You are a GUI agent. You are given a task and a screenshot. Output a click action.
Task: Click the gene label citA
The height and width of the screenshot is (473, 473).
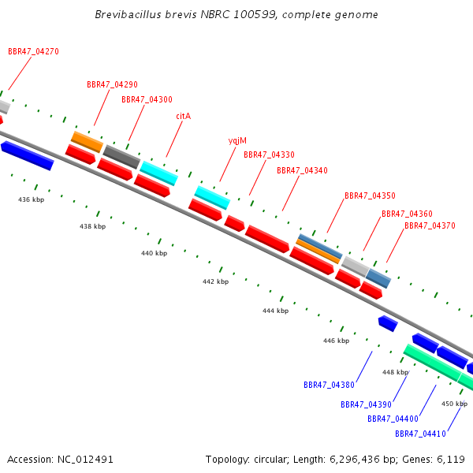coord(184,116)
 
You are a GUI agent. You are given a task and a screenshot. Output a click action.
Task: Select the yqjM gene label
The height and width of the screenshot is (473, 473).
coord(237,141)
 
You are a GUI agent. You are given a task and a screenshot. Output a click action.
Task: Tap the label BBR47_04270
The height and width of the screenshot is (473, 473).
coord(33,51)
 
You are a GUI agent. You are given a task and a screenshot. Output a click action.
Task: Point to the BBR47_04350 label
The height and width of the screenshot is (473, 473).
coord(370,196)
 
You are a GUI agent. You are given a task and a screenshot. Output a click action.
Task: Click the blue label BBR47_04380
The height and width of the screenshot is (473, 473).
coord(329,385)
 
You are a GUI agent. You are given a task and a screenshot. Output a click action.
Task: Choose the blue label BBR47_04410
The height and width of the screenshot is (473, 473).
coord(420,434)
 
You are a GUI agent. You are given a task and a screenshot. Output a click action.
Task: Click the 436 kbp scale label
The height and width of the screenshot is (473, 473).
coord(31,199)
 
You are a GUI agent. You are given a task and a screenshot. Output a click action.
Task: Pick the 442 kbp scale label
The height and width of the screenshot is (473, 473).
coord(216,281)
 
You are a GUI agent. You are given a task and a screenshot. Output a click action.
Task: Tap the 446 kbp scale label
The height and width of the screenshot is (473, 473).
coord(336,341)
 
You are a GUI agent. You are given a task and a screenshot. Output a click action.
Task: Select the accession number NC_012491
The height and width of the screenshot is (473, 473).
coord(85,460)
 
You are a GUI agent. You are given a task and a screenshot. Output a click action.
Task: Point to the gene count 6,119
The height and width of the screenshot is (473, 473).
coord(451,460)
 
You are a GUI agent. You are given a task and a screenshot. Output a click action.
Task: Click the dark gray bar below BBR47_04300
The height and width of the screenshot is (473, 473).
coord(121,157)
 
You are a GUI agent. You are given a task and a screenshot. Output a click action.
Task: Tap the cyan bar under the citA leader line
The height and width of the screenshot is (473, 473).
coord(159,173)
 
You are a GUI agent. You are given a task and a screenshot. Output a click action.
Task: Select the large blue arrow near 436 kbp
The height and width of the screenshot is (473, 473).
coord(28,155)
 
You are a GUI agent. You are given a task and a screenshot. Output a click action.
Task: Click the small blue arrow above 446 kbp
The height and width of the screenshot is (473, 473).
coord(388,324)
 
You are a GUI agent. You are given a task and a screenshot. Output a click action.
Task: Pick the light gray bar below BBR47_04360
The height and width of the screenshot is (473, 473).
coord(356,266)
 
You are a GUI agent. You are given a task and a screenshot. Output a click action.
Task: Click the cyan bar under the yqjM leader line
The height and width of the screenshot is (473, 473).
coord(212,198)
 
